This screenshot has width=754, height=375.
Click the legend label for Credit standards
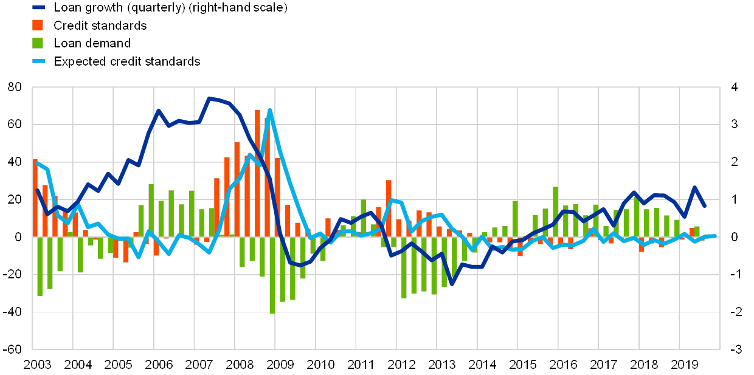click(100, 26)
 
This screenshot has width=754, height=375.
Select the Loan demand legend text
click(94, 43)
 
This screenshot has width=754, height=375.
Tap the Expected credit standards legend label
click(130, 61)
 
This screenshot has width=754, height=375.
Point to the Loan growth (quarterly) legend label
click(170, 8)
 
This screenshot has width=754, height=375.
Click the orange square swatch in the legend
click(38, 26)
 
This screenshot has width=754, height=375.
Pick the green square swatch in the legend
click(38, 43)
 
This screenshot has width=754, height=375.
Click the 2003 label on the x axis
click(37, 365)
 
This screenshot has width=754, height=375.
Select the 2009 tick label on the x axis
click(279, 365)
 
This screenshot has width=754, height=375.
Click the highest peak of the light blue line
click(269, 110)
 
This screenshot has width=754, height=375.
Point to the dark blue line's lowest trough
click(452, 284)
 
